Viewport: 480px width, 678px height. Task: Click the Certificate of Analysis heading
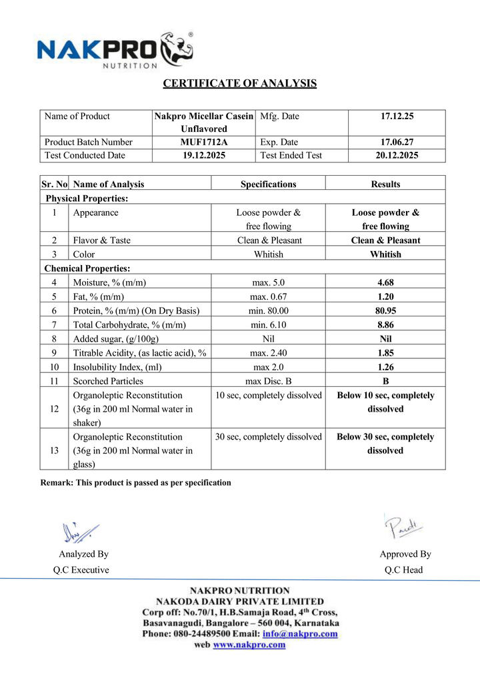coord(240,83)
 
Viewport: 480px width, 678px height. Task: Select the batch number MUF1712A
coord(204,142)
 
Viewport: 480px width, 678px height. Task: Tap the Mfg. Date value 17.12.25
coord(397,117)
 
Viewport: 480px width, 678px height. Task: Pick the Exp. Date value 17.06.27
coord(397,142)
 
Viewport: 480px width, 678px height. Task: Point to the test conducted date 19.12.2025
coord(204,155)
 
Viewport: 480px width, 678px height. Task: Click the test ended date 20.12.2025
coord(397,155)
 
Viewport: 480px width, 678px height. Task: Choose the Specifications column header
coord(268,184)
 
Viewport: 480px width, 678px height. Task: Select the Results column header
coord(385,184)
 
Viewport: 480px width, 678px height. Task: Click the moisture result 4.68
coord(385,282)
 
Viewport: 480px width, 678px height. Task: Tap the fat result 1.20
coord(385,296)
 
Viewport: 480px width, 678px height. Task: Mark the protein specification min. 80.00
coord(268,310)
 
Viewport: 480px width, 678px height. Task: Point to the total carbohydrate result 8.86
coord(385,324)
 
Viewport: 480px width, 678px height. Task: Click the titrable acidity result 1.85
coord(385,352)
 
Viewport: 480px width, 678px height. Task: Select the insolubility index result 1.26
coord(385,366)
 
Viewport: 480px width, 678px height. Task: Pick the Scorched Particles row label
coord(108,381)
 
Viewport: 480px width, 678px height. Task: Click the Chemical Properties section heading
coord(87,268)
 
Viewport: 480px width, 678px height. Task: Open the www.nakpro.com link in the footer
coord(249,645)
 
